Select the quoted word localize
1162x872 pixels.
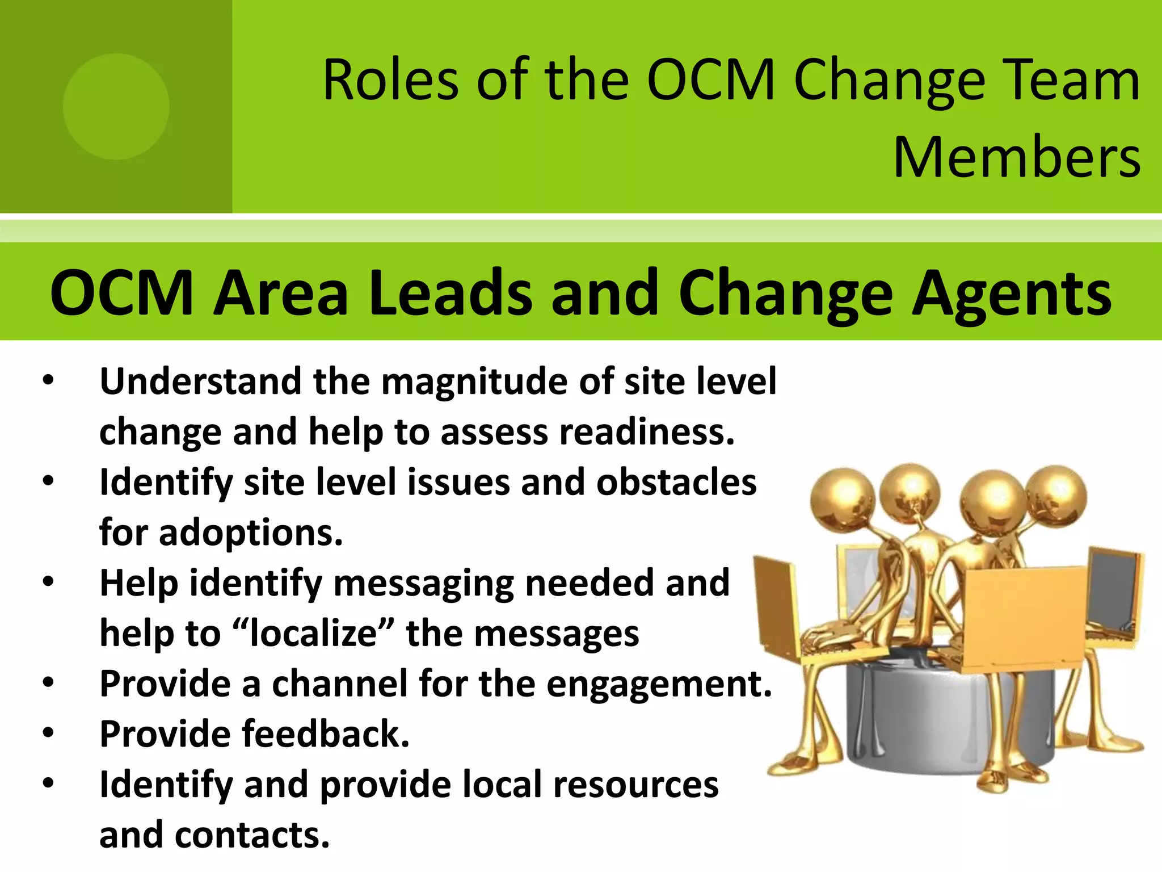click(313, 633)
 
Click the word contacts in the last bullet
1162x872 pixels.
click(252, 835)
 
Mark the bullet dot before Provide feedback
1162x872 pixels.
click(48, 733)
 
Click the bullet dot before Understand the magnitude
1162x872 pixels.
click(48, 380)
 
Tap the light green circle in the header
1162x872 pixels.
click(116, 107)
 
